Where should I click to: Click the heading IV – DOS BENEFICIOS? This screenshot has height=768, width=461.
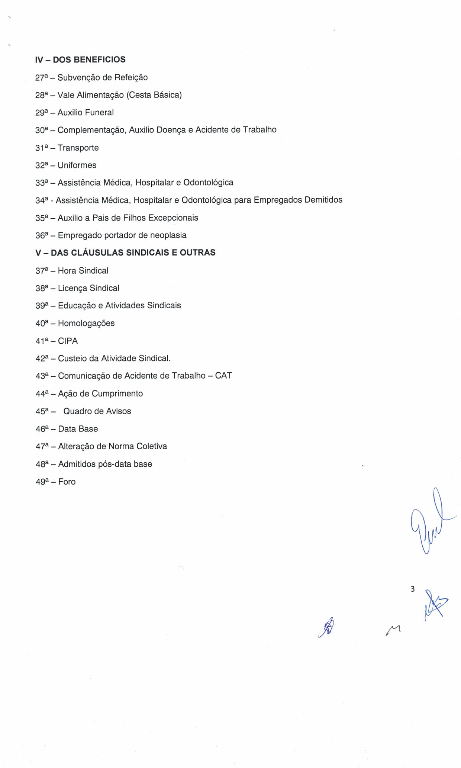tap(80, 60)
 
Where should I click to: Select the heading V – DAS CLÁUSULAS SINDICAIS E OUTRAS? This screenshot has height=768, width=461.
tap(125, 253)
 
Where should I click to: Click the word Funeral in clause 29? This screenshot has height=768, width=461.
tap(99, 112)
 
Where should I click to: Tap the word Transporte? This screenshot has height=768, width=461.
tap(78, 148)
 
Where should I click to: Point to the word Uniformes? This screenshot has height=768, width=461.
tap(77, 165)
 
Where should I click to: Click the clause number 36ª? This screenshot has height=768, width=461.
tap(42, 235)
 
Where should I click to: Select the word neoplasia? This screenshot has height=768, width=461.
tap(168, 235)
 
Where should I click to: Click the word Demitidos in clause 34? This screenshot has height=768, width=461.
tap(323, 200)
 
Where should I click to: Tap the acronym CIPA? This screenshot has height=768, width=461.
tap(68, 341)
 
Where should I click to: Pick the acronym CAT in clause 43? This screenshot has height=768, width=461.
tap(223, 376)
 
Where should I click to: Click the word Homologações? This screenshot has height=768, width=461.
tap(86, 323)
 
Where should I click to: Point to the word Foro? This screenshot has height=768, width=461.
tap(67, 482)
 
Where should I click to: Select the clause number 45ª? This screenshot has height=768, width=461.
tap(42, 411)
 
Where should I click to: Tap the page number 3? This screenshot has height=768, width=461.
tap(412, 589)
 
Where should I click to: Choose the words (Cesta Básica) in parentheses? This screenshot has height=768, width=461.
tap(154, 95)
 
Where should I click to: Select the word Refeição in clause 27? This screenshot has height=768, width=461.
tap(131, 77)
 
